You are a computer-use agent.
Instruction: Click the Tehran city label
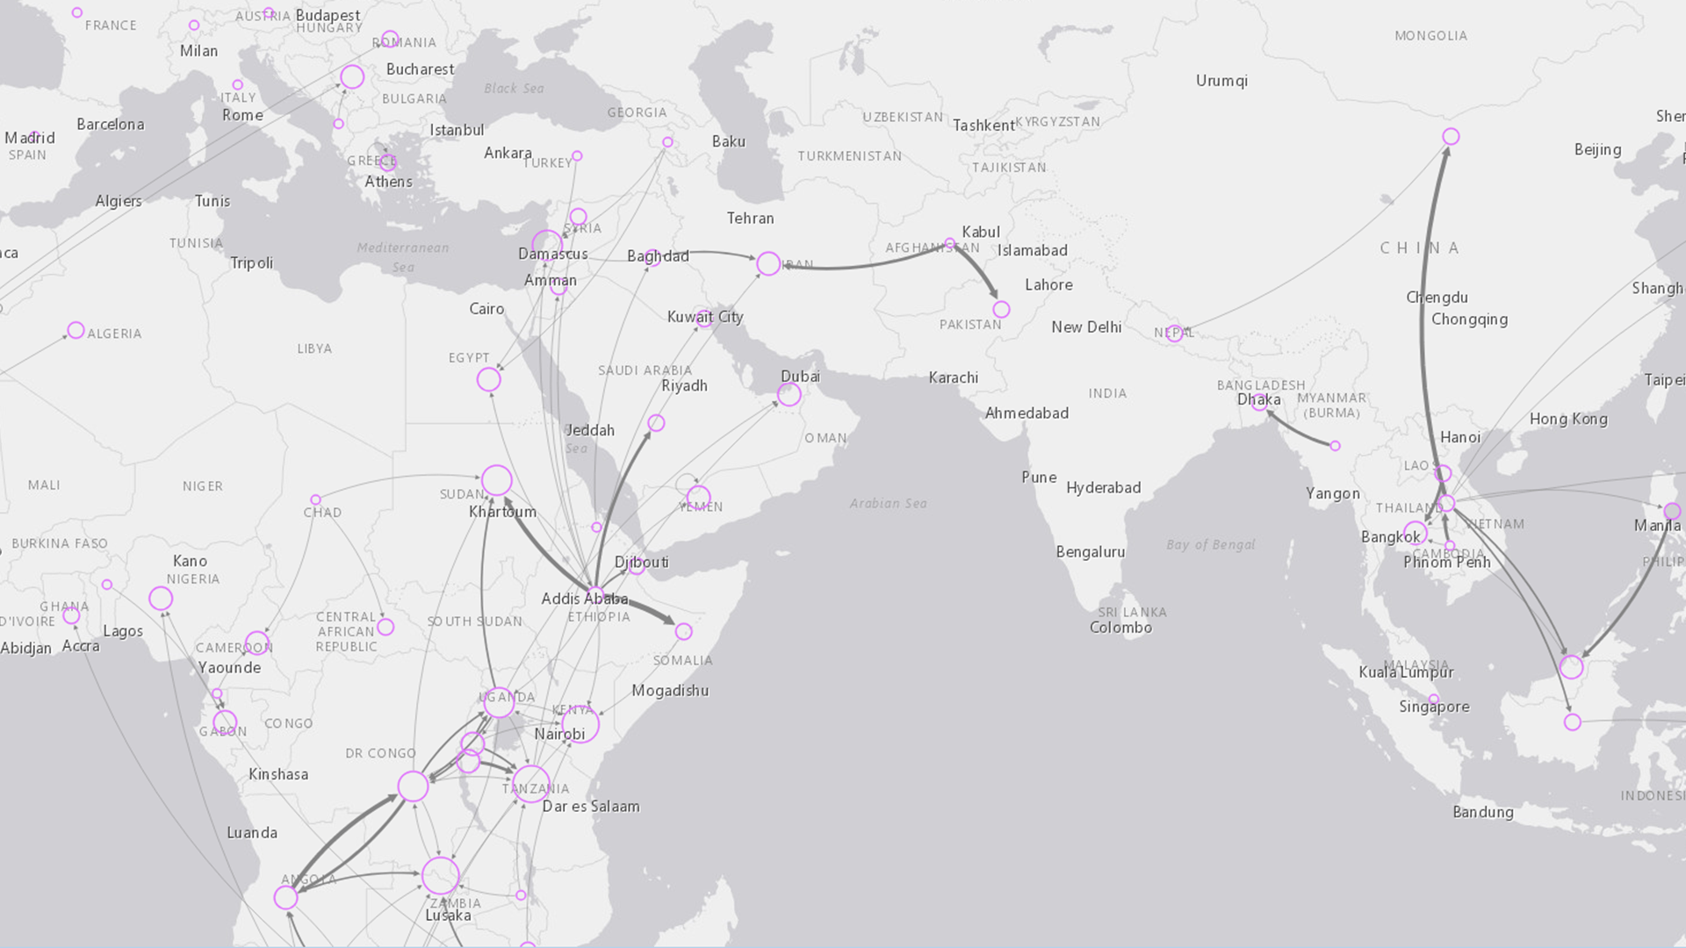[750, 218]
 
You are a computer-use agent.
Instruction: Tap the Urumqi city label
[1221, 81]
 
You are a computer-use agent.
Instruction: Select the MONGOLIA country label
[1430, 36]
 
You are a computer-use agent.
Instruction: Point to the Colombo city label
[1120, 628]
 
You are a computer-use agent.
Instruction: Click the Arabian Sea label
[888, 503]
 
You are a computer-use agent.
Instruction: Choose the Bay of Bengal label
[1210, 544]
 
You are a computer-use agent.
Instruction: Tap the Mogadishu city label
[670, 691]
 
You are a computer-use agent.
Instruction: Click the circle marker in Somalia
[684, 631]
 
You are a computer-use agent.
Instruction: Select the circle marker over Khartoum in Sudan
[497, 480]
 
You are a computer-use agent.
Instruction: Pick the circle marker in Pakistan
[1001, 309]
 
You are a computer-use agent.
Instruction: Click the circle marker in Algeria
[76, 330]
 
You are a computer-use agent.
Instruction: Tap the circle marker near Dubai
[789, 394]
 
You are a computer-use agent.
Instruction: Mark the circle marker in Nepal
[1173, 333]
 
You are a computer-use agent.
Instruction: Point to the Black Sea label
[514, 88]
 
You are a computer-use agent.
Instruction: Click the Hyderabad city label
[1103, 488]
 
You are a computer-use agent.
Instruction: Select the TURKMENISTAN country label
[849, 156]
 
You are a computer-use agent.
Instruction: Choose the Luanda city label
[252, 833]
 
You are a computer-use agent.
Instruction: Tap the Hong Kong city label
[1568, 419]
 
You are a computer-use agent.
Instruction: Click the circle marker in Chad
[316, 499]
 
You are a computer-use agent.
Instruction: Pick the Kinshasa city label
[278, 774]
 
